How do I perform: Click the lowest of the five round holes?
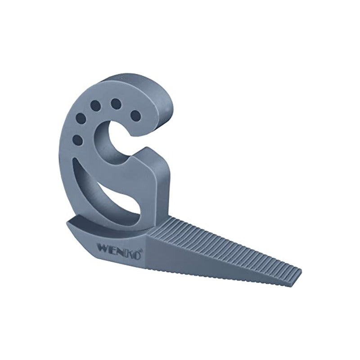tap(77, 140)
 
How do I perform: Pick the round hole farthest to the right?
tap(135, 116)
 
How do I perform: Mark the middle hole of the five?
tap(95, 107)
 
